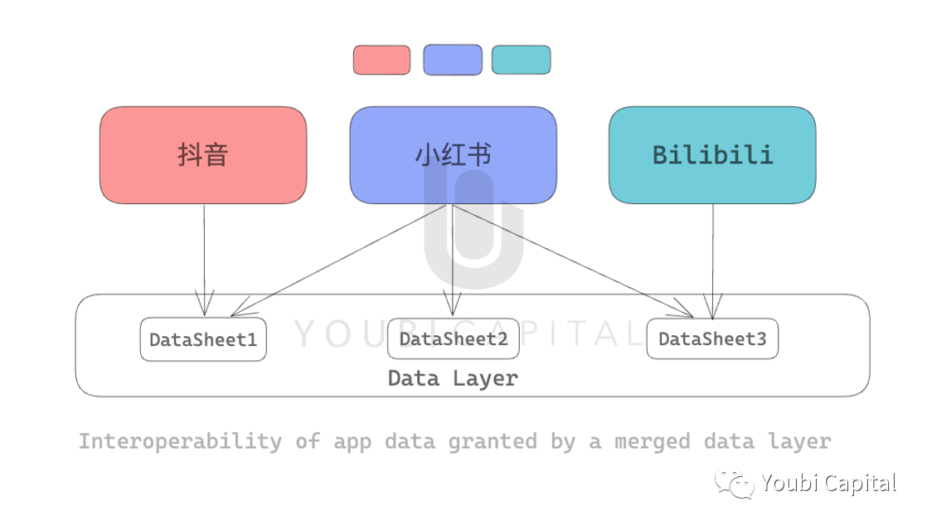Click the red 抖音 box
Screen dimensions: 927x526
(203, 155)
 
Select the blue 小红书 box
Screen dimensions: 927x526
(453, 155)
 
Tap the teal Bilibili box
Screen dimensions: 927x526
(712, 155)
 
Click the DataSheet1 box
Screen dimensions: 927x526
(203, 339)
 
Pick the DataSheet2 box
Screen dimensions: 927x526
(454, 338)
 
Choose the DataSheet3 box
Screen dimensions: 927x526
(712, 338)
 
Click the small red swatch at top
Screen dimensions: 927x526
(382, 60)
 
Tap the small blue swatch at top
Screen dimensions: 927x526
(453, 60)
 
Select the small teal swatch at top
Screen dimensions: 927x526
(522, 60)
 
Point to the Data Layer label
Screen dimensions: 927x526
(453, 378)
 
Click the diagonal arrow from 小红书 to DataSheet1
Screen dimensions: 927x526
(338, 261)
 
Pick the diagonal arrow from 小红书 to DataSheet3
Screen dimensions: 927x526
(573, 261)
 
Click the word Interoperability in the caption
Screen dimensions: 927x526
(180, 441)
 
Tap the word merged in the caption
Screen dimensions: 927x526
(652, 441)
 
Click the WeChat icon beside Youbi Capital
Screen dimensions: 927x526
(735, 483)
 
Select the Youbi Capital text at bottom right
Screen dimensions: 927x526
(829, 483)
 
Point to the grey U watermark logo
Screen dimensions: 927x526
(473, 231)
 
